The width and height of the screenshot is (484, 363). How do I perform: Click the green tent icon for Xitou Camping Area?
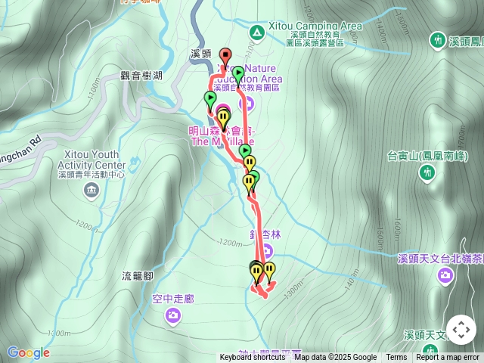[x=256, y=32]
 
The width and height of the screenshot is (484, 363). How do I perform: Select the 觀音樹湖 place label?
[x=141, y=76]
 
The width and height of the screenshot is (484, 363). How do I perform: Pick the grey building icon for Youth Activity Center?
[x=92, y=188]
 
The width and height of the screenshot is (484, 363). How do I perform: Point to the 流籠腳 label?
[x=138, y=276]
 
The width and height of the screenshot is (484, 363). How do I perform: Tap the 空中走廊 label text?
[x=172, y=299]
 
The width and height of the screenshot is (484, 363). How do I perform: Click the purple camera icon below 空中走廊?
[x=173, y=314]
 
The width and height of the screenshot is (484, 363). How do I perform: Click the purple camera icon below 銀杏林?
[x=266, y=253]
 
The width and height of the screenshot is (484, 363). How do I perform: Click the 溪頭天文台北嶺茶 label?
[x=440, y=259]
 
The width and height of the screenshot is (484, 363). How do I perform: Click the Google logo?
[x=28, y=352]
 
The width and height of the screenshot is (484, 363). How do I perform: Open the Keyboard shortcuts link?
[x=253, y=358]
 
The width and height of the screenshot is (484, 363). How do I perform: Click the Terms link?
[x=396, y=358]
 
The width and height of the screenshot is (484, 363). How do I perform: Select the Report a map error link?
[x=447, y=358]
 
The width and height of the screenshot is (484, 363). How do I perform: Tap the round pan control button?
[x=461, y=330]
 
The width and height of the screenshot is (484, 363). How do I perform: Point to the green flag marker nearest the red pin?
[x=238, y=74]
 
